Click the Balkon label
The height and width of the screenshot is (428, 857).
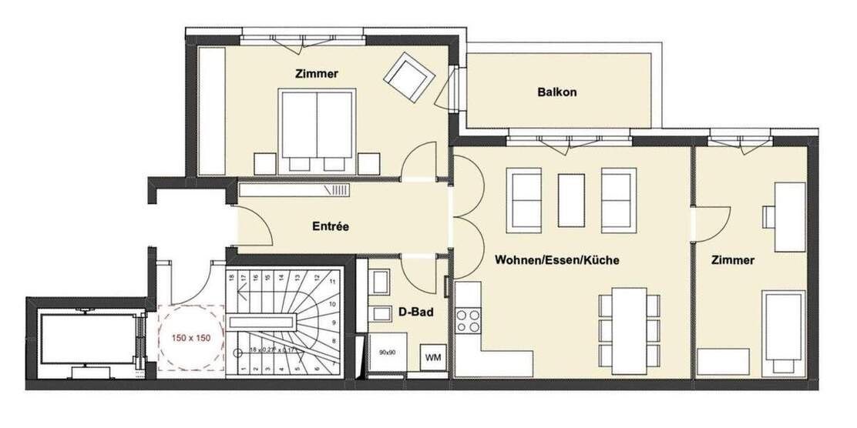(556, 92)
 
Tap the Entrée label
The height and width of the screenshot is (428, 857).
(331, 227)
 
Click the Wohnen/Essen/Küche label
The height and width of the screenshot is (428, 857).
(556, 260)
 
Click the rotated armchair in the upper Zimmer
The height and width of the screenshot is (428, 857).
(408, 77)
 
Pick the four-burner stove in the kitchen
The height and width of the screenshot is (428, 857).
(467, 319)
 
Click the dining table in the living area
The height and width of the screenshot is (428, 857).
(630, 329)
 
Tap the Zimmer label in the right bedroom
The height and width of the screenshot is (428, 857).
(732, 260)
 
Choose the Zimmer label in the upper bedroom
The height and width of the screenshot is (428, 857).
(318, 74)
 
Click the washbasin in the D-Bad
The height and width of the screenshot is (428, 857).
(379, 316)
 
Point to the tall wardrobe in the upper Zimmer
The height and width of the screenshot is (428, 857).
(211, 109)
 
